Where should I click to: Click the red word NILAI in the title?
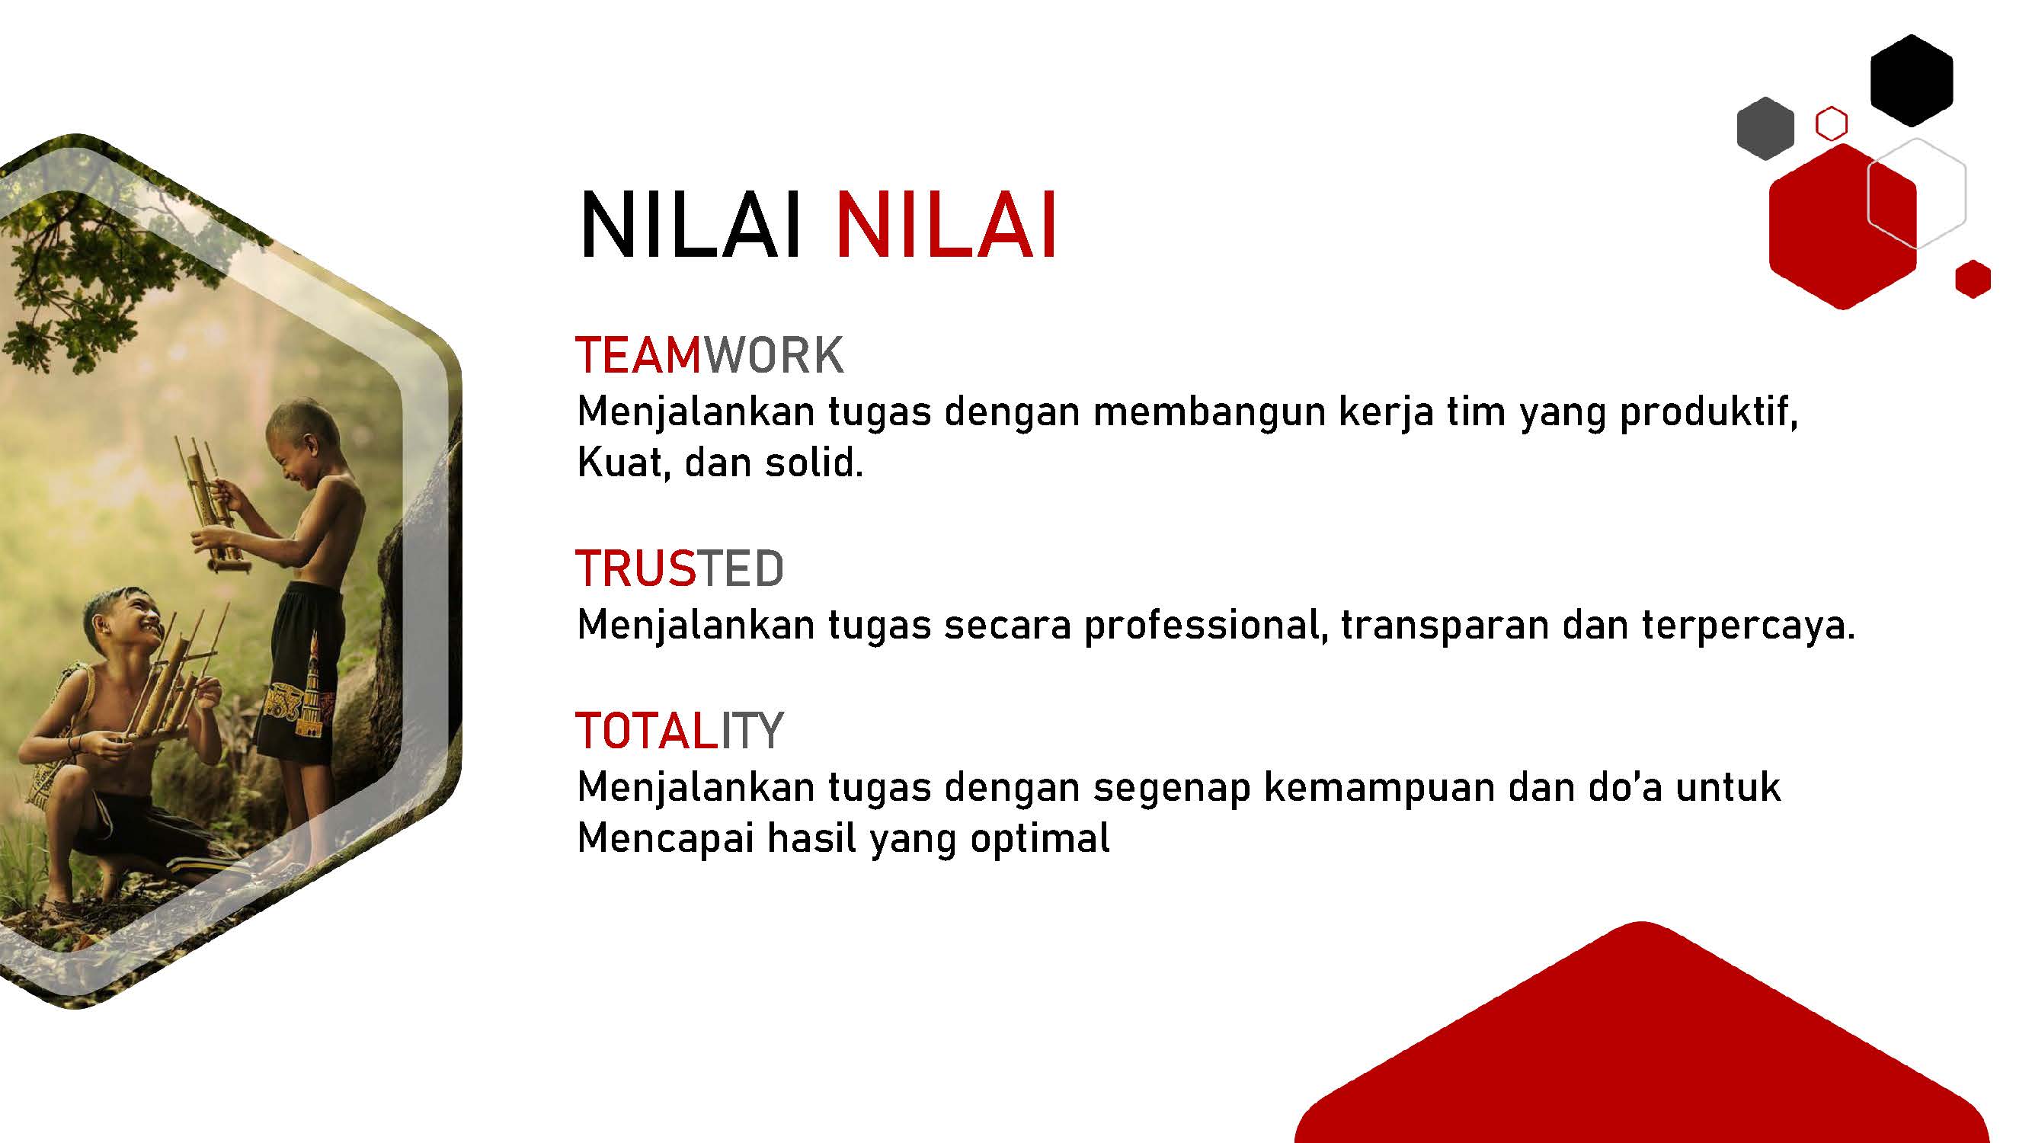pyautogui.click(x=946, y=226)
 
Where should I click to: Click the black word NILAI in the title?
pyautogui.click(x=691, y=226)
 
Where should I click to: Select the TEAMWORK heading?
pyautogui.click(x=710, y=355)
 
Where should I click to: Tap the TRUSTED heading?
pyautogui.click(x=680, y=568)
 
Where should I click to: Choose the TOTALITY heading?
pyautogui.click(x=680, y=731)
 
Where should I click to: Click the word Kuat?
pyautogui.click(x=624, y=463)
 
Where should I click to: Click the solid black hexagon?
pyautogui.click(x=1912, y=80)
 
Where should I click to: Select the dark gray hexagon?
pyautogui.click(x=1765, y=129)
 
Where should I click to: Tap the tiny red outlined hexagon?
pyautogui.click(x=1832, y=125)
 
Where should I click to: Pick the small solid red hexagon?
pyautogui.click(x=1973, y=279)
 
